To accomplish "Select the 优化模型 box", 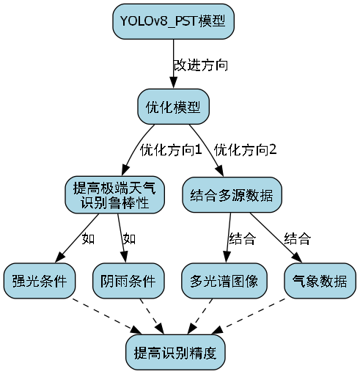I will [x=173, y=107].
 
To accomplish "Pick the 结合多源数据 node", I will [x=232, y=195].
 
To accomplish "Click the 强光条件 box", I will [x=40, y=281].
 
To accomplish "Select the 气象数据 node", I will [x=320, y=281].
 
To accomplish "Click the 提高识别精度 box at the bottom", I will [x=175, y=353].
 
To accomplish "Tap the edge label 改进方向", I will [x=200, y=65].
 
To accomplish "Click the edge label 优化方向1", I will [x=170, y=150].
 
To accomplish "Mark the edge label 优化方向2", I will [x=246, y=150].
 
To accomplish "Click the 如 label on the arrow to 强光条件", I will [x=88, y=238].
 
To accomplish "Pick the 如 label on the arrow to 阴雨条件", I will [x=129, y=238].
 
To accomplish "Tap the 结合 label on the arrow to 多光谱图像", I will [x=242, y=238].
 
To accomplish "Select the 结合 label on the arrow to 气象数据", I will [x=297, y=238].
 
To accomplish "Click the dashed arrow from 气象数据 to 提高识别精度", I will [x=257, y=315].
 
